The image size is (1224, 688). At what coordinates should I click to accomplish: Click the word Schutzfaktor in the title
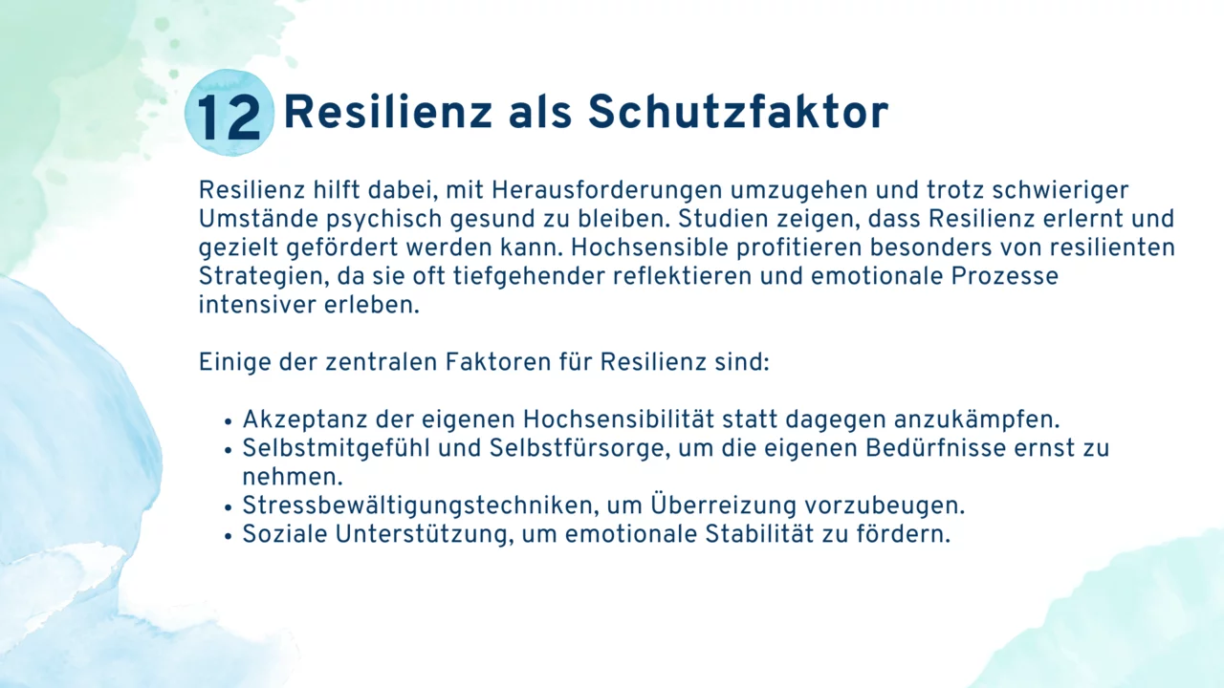click(x=738, y=112)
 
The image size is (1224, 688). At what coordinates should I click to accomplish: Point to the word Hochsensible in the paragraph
click(x=649, y=247)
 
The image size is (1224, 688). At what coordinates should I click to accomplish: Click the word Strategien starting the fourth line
click(x=264, y=276)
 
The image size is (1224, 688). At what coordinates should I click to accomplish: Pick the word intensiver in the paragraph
click(x=257, y=305)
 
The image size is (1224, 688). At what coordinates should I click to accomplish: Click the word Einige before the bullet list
click(x=235, y=362)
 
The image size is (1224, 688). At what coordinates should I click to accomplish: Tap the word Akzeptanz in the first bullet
click(x=305, y=419)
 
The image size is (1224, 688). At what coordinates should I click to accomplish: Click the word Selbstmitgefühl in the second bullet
click(x=336, y=448)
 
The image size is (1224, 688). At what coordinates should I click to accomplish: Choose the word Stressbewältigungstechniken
click(x=418, y=505)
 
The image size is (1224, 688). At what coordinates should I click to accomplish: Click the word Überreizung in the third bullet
click(x=724, y=505)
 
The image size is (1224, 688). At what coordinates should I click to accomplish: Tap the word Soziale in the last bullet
click(x=285, y=534)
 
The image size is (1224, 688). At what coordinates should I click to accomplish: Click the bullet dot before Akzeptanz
click(x=229, y=422)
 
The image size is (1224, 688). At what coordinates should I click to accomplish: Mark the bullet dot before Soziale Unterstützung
click(x=229, y=537)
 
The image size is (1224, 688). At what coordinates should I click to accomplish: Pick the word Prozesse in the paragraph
click(x=1004, y=276)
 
